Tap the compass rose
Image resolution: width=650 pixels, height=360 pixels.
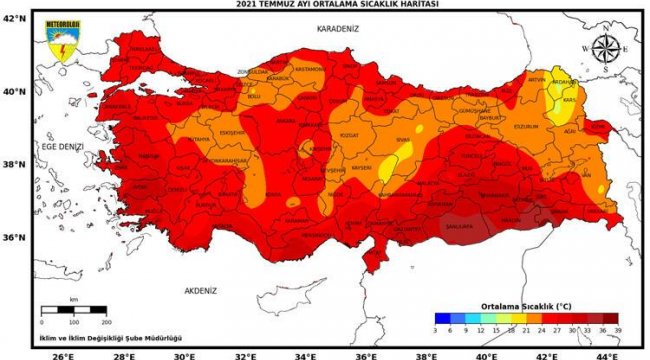(x=605, y=49)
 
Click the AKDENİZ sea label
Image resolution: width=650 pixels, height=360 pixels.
(x=200, y=290)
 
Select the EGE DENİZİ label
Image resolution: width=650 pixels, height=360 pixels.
(x=62, y=147)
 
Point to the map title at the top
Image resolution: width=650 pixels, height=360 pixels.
(x=326, y=5)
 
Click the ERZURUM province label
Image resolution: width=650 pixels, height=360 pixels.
(x=525, y=127)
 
